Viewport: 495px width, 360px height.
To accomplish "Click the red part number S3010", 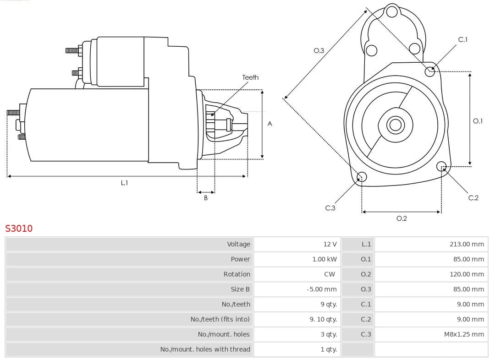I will coord(19,228).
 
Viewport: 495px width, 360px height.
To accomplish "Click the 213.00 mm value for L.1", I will coord(467,244).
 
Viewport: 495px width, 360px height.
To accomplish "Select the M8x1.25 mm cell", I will coord(463,334).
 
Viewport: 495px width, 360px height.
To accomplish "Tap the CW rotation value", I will coord(330,274).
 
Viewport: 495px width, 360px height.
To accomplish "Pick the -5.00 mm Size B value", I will coord(321,289).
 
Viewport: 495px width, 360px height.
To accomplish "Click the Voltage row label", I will coord(238,244).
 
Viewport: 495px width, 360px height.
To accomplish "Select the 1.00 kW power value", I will coord(324,259).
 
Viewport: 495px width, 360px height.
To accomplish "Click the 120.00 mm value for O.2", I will coord(467,274).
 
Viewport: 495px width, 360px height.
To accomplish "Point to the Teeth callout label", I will coord(250,77).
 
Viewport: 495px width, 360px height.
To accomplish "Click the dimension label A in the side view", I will coord(270,124).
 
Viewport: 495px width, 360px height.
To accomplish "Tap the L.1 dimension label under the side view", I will coord(124,183).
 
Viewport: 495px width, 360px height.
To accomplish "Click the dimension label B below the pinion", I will coord(206,198).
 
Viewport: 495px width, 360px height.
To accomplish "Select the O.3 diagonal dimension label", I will coord(319,50).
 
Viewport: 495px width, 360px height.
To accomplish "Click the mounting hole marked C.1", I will coord(430,71).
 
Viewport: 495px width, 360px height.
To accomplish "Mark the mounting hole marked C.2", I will coord(441,166).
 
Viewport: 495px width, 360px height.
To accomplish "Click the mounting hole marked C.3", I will coord(362,177).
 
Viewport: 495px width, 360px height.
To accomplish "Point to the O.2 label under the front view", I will coord(401,218).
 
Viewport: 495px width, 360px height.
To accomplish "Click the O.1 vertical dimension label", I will coord(478,121).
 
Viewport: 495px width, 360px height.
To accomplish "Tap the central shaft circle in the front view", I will coord(395,125).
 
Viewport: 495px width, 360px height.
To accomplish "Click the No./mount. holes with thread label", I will coord(205,349).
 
